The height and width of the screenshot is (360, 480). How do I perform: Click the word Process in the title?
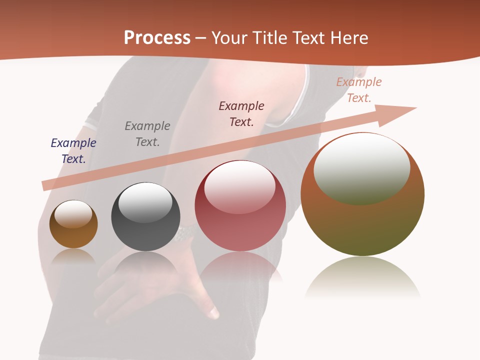[x=157, y=37]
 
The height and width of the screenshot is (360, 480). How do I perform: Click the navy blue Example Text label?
[x=73, y=151]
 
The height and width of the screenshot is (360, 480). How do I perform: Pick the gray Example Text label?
[x=147, y=134]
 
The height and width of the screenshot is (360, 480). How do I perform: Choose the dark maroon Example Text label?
[x=241, y=113]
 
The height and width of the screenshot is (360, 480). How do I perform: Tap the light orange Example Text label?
[x=359, y=90]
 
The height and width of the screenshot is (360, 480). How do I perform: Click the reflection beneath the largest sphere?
[x=362, y=277]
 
